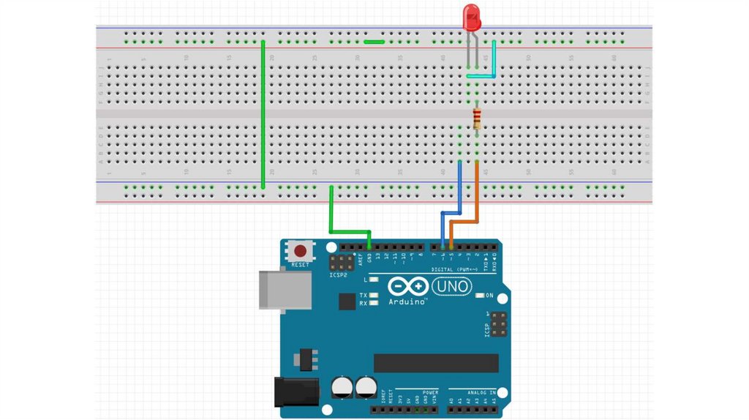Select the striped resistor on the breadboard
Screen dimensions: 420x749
pos(477,119)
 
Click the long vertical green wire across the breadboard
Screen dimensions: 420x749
pos(263,113)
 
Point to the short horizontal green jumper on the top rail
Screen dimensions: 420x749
pos(374,42)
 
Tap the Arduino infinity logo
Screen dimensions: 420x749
pos(407,287)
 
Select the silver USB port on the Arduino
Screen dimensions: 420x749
pos(285,290)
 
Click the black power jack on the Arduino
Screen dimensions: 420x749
pos(296,391)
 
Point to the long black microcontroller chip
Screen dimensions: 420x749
pos(436,363)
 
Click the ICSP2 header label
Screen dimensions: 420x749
pos(338,275)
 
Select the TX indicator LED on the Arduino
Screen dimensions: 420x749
pos(374,295)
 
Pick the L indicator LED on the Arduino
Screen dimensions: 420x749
pos(374,280)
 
